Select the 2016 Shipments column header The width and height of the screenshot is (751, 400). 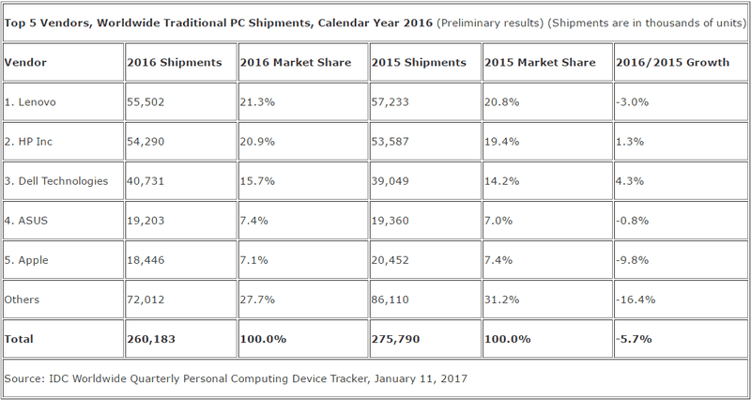175,63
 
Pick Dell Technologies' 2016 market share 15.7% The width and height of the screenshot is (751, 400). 258,179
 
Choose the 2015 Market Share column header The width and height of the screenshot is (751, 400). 540,63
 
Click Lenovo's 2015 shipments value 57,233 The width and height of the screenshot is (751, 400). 391,101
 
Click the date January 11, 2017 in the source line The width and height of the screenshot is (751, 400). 419,378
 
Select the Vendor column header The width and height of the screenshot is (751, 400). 25,63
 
